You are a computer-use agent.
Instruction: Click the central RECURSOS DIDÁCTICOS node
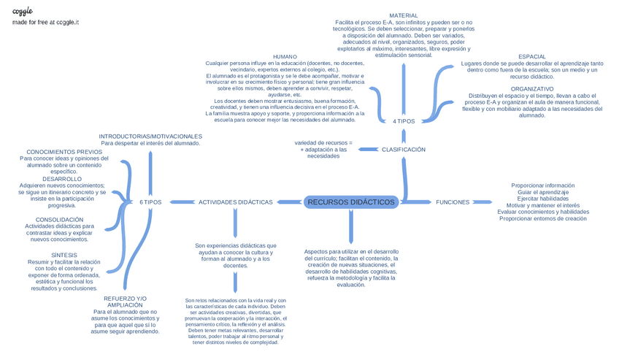(351, 202)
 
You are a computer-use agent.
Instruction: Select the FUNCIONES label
(453, 202)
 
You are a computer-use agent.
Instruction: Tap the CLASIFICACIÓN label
(403, 150)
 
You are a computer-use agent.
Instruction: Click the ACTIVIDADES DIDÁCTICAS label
(235, 202)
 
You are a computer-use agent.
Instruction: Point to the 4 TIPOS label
(404, 121)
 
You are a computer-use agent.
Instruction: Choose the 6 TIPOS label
(150, 202)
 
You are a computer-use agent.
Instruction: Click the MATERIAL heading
(404, 15)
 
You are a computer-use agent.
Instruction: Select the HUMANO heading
(285, 57)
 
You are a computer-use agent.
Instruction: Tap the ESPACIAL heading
(532, 57)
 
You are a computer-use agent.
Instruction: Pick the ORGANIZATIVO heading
(531, 89)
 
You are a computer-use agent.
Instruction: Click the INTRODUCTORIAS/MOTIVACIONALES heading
(150, 137)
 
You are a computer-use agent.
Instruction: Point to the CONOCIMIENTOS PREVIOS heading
(64, 152)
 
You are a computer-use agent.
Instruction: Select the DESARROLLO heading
(62, 179)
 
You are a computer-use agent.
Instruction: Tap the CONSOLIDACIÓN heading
(59, 220)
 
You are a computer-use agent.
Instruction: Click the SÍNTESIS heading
(64, 256)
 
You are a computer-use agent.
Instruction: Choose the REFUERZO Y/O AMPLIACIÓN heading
(125, 302)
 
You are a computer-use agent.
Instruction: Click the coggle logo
(23, 11)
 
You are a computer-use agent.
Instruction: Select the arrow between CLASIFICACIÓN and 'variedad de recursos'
(366, 150)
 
